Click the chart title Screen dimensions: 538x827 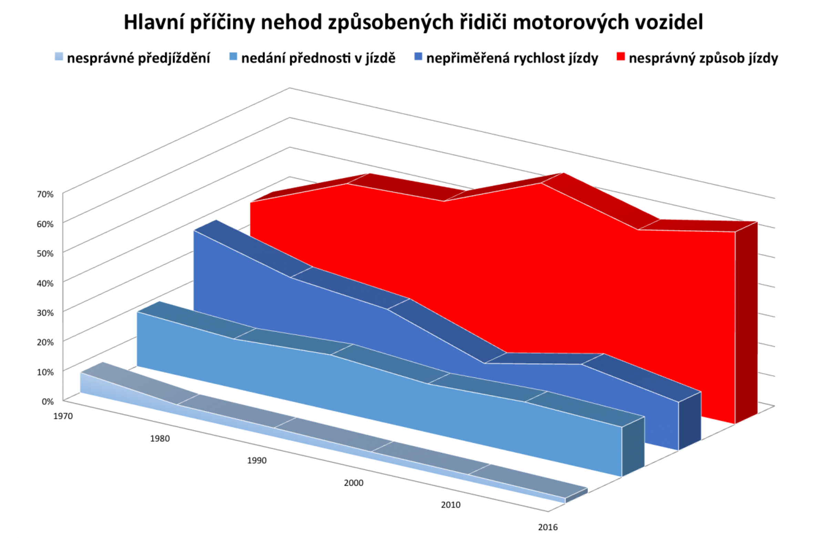pos(413,23)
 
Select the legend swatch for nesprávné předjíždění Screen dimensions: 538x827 pos(59,57)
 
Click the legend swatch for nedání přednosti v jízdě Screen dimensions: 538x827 pos(234,57)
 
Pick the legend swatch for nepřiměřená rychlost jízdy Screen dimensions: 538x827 pos(418,57)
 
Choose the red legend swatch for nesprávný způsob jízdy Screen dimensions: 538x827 pos(621,57)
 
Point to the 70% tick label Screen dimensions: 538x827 pos(45,194)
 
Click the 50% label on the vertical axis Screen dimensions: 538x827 pos(45,253)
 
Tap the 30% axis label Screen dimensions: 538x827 pos(45,313)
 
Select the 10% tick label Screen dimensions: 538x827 pos(45,372)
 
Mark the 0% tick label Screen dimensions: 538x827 pos(48,402)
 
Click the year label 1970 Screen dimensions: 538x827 pos(63,416)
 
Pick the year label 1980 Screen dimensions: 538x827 pos(160,439)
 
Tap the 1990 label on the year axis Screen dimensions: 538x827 pos(257,460)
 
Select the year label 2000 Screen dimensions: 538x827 pos(354,483)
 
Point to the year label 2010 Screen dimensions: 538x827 pos(451,505)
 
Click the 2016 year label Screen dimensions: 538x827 pos(548,527)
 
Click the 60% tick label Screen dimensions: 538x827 pos(45,224)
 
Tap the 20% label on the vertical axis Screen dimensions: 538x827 pos(45,342)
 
